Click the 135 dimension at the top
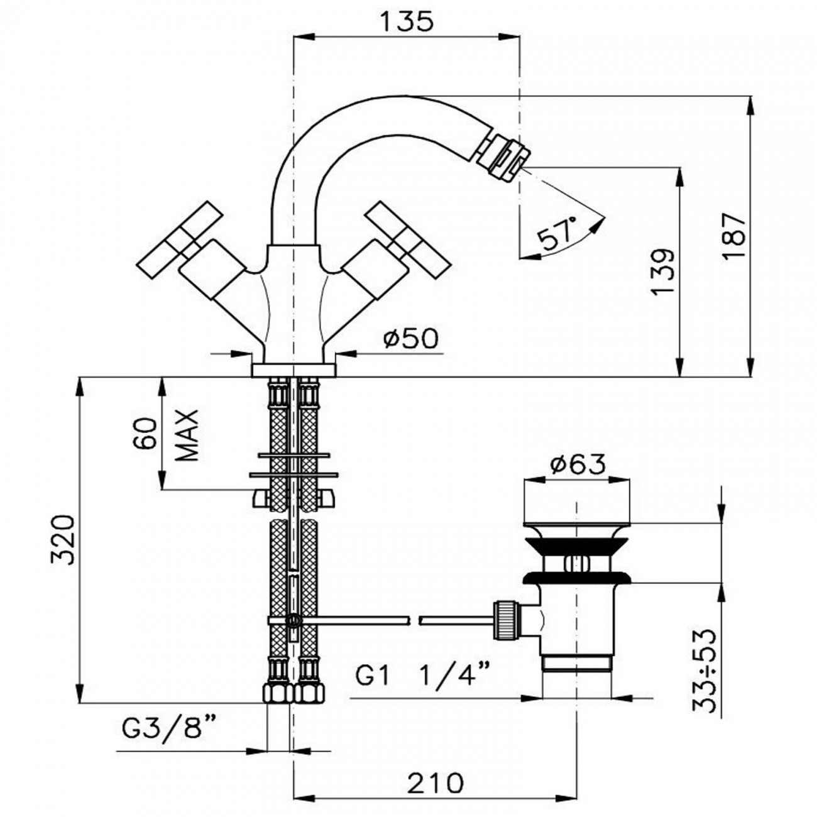[x=406, y=21]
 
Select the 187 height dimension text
[x=733, y=236]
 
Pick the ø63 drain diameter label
[x=577, y=465]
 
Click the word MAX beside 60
[x=187, y=435]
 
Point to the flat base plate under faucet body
[x=293, y=370]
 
